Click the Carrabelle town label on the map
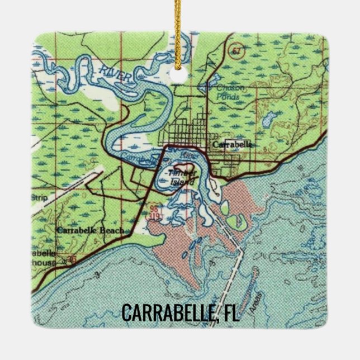[x=232, y=144]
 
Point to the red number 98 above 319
[x=154, y=208]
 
